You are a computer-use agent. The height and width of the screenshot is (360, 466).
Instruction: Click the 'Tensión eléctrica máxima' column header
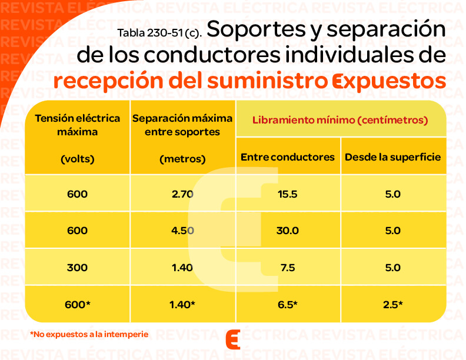click(77, 125)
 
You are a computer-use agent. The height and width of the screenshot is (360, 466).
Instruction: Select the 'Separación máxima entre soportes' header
click(182, 125)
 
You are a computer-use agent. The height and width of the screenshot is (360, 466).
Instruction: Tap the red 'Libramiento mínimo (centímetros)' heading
click(340, 119)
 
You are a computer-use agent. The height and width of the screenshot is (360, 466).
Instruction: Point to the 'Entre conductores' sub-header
click(288, 157)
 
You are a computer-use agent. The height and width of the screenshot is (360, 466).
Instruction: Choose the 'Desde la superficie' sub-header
click(392, 157)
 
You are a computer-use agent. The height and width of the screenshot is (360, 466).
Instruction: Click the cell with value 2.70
click(182, 194)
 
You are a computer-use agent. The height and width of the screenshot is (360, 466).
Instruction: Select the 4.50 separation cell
click(182, 231)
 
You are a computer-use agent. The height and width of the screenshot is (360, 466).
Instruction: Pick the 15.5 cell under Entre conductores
click(288, 194)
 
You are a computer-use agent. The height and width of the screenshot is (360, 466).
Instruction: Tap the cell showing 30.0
click(288, 231)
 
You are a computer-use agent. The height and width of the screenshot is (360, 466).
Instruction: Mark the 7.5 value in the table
click(288, 268)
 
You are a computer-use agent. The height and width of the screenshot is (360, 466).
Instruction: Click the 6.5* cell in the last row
click(288, 304)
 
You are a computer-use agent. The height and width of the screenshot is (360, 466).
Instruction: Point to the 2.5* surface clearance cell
click(392, 304)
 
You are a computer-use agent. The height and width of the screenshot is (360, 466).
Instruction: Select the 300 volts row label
click(77, 268)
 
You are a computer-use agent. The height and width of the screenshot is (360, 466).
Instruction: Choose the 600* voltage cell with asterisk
click(77, 304)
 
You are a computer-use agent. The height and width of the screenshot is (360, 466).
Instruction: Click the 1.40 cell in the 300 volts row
click(182, 268)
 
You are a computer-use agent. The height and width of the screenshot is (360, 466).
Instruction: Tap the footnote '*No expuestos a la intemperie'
click(89, 334)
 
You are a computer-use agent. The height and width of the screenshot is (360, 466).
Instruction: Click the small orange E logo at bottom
click(233, 339)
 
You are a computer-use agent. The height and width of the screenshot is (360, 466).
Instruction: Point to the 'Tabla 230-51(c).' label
click(159, 33)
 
